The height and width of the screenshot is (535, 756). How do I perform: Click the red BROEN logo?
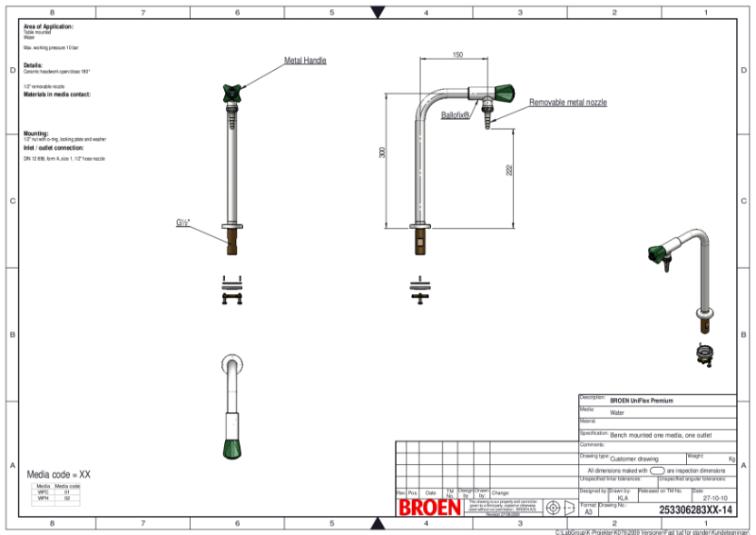pyautogui.click(x=430, y=508)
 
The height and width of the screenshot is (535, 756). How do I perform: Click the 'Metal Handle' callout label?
pyautogui.click(x=305, y=60)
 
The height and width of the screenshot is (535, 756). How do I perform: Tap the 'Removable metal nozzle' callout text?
pyautogui.click(x=567, y=102)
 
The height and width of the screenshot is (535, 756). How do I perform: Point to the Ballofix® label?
pyautogui.click(x=455, y=114)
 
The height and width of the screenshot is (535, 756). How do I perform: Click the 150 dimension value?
pyautogui.click(x=457, y=56)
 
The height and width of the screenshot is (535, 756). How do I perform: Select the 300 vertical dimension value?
pyautogui.click(x=383, y=153)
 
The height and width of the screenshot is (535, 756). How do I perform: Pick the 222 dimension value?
pyautogui.click(x=509, y=169)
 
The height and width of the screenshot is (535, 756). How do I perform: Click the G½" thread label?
pyautogui.click(x=183, y=223)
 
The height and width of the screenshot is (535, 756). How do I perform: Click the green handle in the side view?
pyautogui.click(x=505, y=93)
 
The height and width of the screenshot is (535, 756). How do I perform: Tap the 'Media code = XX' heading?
pyautogui.click(x=59, y=475)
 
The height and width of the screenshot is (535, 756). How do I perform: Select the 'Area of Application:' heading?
pyautogui.click(x=48, y=26)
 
